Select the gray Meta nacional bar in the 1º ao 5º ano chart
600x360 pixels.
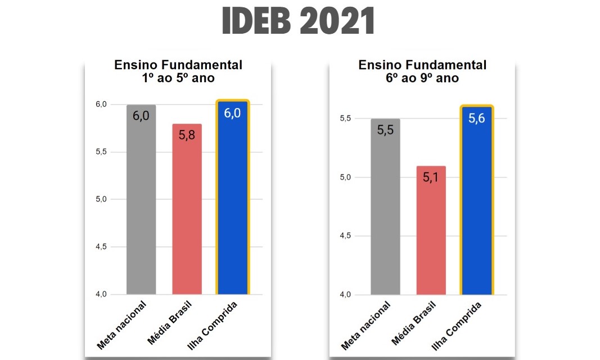point(141,200)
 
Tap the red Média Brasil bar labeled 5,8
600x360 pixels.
point(187,209)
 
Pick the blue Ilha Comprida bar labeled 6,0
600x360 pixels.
point(232,198)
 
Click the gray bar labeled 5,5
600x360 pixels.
point(385,206)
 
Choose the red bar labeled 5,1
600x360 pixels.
point(431,230)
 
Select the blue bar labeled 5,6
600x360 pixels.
point(476,201)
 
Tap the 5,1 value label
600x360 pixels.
point(431,178)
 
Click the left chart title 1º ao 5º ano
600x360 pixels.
point(178,71)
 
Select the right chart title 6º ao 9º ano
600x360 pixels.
point(422,71)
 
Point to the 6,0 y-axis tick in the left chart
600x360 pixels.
point(101,105)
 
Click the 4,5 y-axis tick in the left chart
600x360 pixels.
point(101,247)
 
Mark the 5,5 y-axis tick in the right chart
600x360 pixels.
point(345,119)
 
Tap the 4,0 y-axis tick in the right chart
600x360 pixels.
point(345,295)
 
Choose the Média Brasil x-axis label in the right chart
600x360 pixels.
point(412,325)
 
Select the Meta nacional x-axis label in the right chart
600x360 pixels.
point(366,325)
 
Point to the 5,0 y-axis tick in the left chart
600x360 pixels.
point(101,200)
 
